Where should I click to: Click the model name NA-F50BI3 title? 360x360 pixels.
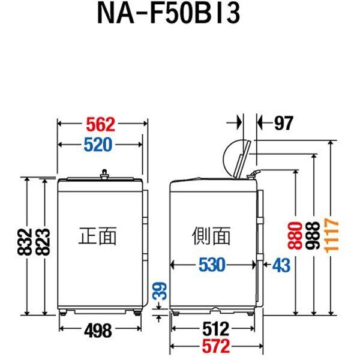point(169,13)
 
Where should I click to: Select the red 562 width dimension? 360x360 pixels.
point(101,124)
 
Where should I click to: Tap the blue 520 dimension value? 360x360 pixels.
point(98,145)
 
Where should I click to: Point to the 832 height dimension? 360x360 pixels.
point(25,242)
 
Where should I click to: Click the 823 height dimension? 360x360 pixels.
point(43,242)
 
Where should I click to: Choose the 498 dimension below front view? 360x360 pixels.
point(98,331)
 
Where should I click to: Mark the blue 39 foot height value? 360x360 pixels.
point(160,291)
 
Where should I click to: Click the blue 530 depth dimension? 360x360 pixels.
point(212,265)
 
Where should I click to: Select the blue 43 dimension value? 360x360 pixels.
point(281,265)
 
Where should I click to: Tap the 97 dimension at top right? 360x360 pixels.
point(284,123)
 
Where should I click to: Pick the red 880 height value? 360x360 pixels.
point(295,236)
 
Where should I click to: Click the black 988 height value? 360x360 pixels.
point(313,236)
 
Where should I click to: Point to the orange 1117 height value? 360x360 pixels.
point(332,236)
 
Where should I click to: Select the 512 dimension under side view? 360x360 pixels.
point(216,329)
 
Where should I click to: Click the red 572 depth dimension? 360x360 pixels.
point(216,346)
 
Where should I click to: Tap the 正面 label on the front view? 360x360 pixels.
point(98,236)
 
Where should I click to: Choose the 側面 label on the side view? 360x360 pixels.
point(211,236)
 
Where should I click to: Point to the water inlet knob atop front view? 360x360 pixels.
point(104,173)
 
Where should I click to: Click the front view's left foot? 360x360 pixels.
point(62,312)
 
